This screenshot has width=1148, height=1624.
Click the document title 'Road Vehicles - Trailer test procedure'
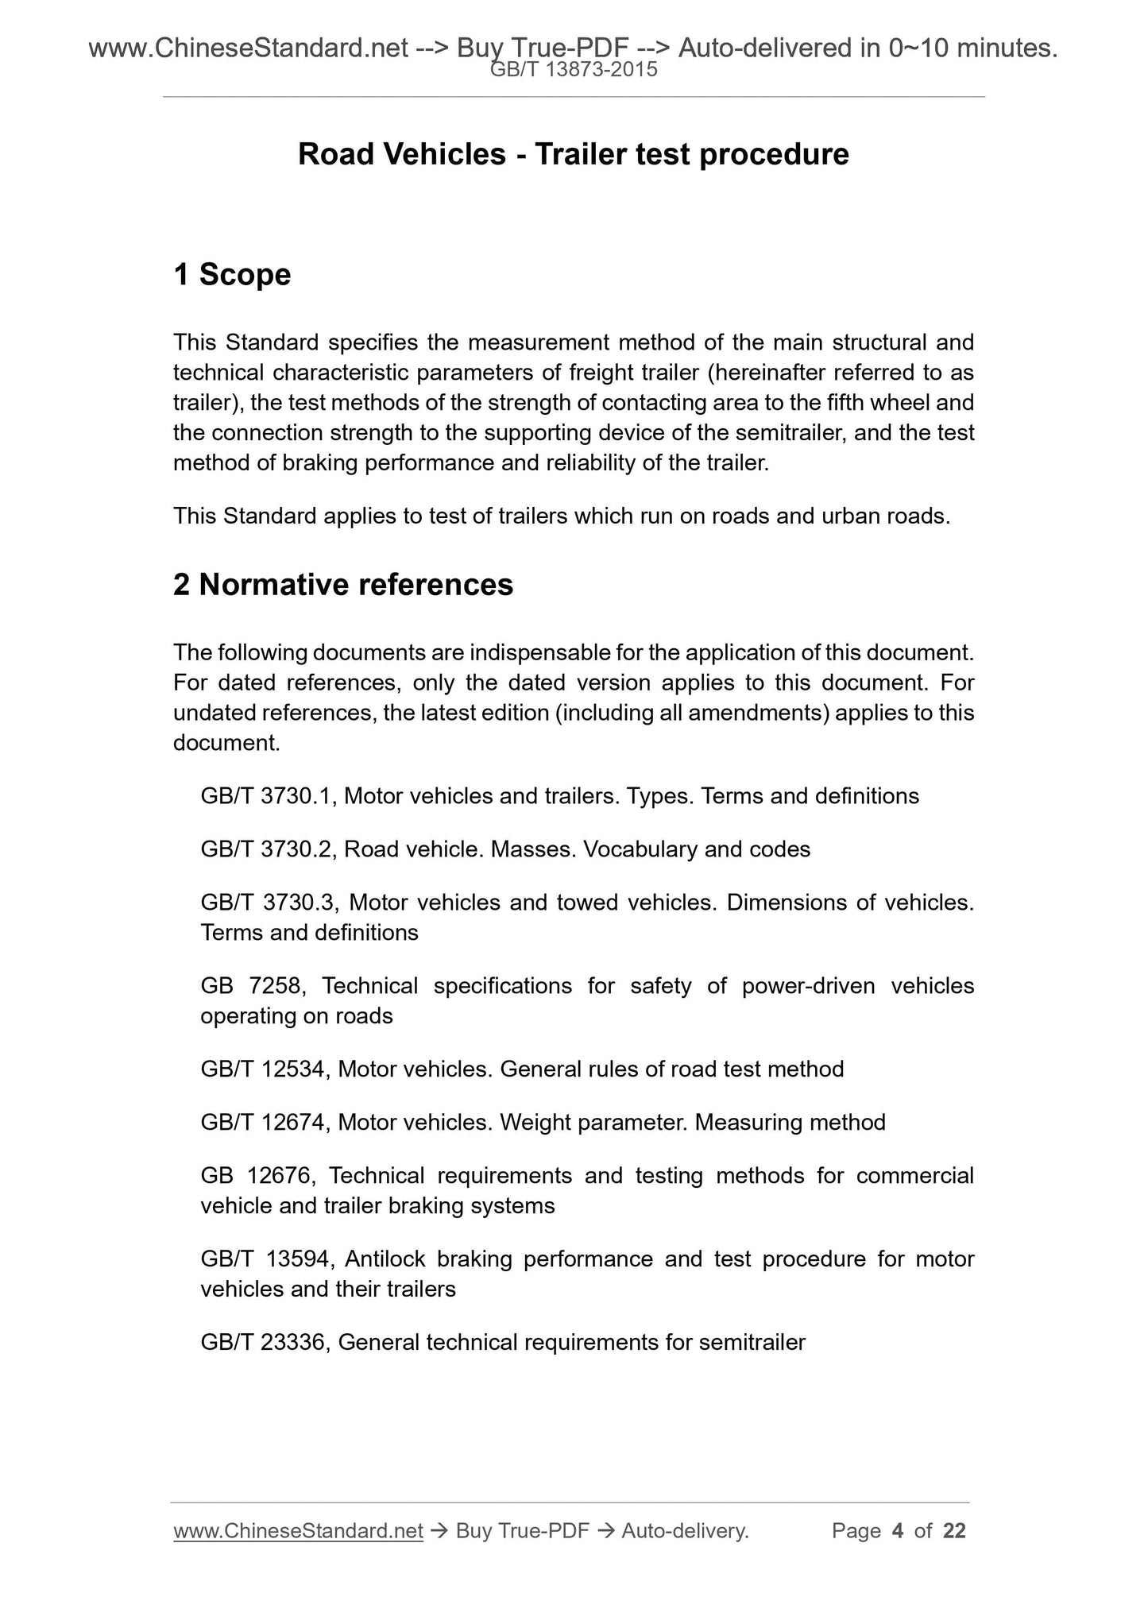point(573,154)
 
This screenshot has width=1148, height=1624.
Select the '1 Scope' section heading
point(232,275)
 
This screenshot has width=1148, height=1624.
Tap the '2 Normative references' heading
point(343,585)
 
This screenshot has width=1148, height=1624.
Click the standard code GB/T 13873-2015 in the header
point(574,70)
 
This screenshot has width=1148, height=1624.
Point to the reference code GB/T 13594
point(265,1259)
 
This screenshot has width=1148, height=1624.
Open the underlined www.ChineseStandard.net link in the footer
point(298,1531)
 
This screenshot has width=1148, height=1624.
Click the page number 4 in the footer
point(898,1531)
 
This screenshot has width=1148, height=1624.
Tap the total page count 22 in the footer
point(954,1531)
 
